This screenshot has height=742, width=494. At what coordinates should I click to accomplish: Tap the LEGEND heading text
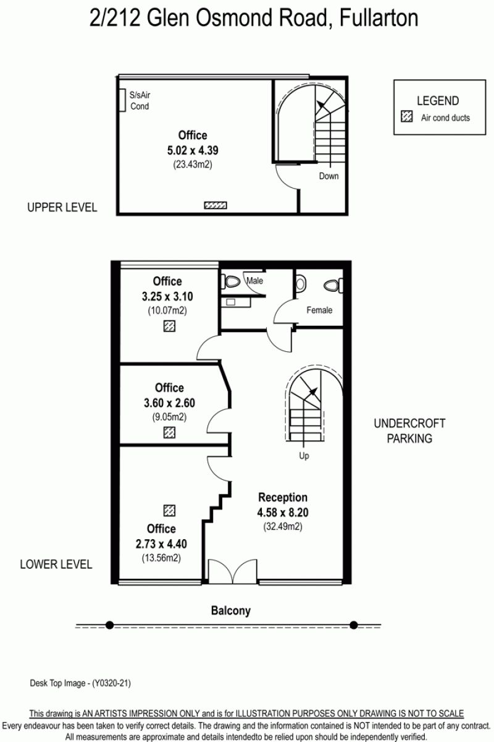tap(438, 101)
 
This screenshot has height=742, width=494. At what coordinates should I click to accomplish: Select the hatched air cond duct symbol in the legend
tap(407, 117)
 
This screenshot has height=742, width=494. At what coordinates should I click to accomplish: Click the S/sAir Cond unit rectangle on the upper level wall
tap(122, 100)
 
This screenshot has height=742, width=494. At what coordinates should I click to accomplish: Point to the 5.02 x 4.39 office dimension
tap(193, 150)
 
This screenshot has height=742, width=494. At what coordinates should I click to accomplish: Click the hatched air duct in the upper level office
tap(216, 205)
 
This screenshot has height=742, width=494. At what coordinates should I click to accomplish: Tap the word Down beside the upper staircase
tap(329, 176)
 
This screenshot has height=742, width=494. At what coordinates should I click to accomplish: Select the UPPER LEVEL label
tap(62, 207)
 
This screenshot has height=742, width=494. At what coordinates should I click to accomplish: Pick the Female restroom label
tap(319, 310)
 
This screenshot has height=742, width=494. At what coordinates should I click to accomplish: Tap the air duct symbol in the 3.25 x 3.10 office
tap(169, 326)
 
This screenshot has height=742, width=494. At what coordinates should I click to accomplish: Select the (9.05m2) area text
tap(169, 417)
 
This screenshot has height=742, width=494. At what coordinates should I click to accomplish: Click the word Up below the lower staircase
tap(304, 456)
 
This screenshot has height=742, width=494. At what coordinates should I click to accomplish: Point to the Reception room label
tap(283, 498)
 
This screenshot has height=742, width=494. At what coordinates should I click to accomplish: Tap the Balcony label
tap(230, 610)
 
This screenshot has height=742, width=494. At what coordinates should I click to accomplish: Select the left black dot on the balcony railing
tap(109, 625)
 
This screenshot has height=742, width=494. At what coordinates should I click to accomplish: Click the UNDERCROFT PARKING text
tap(409, 431)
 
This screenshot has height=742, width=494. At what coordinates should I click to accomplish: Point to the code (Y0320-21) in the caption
tap(112, 683)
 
